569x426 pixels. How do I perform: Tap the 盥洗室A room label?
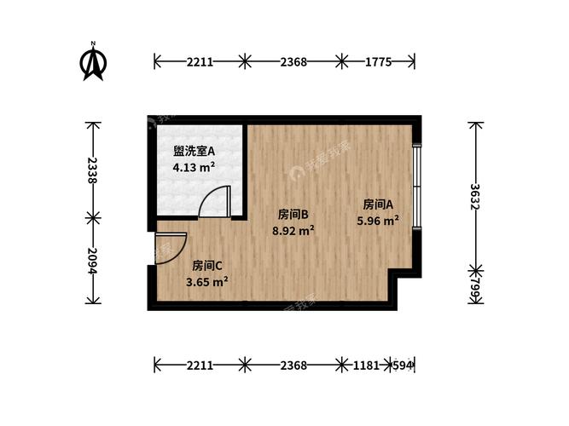click(194, 152)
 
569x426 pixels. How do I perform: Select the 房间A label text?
click(378, 204)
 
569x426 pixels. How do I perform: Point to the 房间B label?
click(293, 214)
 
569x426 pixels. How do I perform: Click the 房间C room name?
click(207, 265)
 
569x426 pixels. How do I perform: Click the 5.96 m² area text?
click(378, 221)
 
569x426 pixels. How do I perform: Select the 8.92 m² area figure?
click(293, 230)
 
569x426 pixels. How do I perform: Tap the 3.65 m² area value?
click(207, 281)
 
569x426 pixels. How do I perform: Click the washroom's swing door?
click(216, 204)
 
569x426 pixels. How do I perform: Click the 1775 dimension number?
click(379, 60)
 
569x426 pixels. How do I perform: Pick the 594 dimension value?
click(404, 366)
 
